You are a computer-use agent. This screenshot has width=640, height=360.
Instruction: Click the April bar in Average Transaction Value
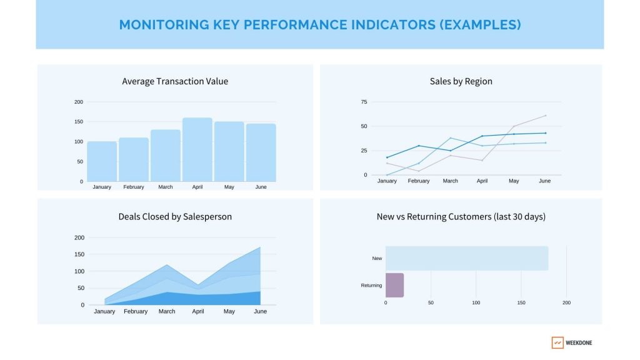(x=197, y=150)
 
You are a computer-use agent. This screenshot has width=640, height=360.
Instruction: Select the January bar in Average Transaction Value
(x=102, y=161)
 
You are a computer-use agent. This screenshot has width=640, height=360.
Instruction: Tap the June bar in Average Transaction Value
(x=261, y=152)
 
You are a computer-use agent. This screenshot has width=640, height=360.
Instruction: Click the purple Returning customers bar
(x=394, y=285)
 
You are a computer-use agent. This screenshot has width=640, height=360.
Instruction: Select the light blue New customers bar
(x=467, y=258)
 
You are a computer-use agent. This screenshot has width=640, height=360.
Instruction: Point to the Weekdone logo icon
(x=557, y=342)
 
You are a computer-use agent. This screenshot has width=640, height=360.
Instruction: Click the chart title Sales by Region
(x=461, y=81)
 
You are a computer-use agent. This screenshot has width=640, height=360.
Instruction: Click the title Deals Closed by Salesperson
(x=175, y=217)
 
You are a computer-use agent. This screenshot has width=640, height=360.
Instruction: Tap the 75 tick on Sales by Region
(x=364, y=102)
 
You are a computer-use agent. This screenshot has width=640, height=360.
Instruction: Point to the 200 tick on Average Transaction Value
(x=78, y=102)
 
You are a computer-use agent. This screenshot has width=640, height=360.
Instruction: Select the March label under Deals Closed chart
(x=167, y=311)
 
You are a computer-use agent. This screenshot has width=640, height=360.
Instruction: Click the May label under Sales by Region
(x=514, y=181)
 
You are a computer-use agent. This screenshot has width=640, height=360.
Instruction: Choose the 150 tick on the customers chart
(x=521, y=303)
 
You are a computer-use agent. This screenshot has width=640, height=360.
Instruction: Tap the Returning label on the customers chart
(x=371, y=286)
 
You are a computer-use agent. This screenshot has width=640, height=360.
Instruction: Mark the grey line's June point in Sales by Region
(x=545, y=116)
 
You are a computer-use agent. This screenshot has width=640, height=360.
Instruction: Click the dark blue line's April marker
(x=482, y=136)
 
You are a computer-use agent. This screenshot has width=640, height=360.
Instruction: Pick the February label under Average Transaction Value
(x=134, y=187)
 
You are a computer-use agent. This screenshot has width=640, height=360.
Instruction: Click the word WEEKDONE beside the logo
(x=579, y=343)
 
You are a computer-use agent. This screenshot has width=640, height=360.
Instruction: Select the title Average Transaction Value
(x=175, y=81)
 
